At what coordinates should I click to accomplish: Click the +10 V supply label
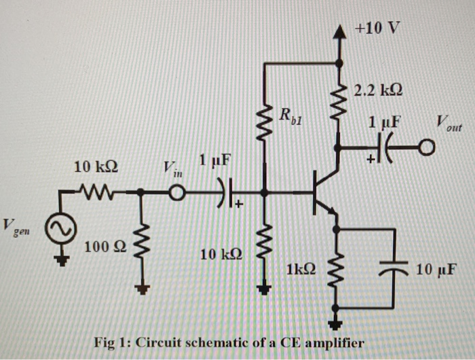coord(378,29)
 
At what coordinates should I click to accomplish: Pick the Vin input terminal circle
coord(176,194)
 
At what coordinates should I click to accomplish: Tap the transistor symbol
coord(322,194)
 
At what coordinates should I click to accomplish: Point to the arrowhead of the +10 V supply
coord(339,29)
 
